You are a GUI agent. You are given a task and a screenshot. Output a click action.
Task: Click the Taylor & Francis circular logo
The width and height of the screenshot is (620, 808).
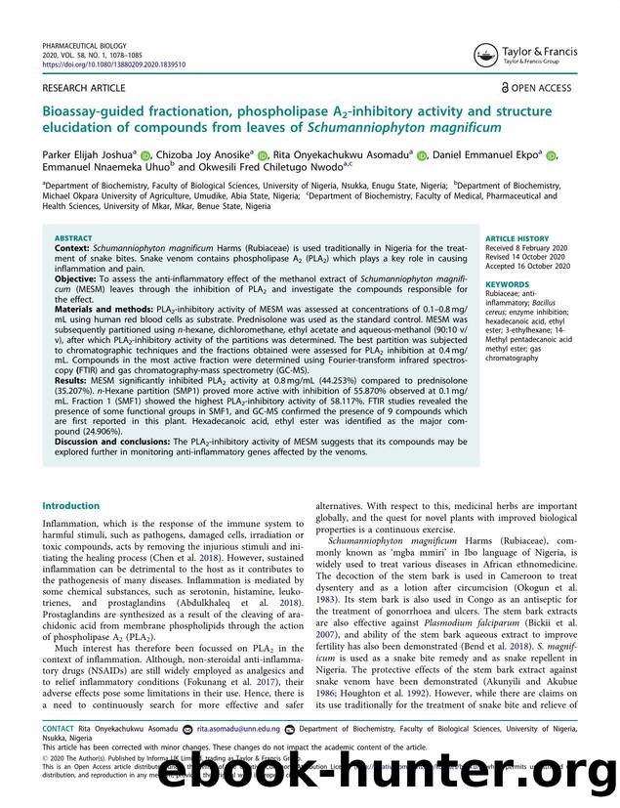(x=485, y=55)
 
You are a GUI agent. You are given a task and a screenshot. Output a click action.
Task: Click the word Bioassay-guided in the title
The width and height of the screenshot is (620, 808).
(x=95, y=109)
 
